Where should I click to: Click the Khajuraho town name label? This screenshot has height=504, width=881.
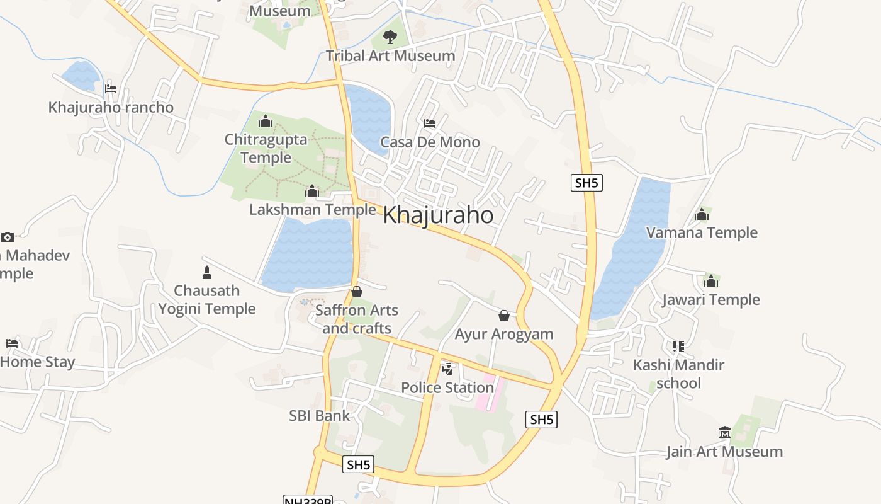tap(438, 215)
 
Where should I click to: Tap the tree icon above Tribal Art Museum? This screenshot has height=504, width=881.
tap(390, 37)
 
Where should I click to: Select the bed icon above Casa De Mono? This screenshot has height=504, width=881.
tap(430, 123)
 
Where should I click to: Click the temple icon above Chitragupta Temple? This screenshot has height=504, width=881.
tap(266, 120)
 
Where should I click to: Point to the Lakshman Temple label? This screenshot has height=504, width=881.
tap(312, 209)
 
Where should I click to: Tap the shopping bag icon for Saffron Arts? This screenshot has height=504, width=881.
tap(357, 292)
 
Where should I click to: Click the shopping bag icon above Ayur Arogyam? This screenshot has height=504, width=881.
tap(503, 316)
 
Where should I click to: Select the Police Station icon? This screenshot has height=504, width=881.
tap(447, 369)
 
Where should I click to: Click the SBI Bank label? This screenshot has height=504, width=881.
tap(319, 416)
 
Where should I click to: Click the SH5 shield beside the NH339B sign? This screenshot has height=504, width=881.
tap(359, 465)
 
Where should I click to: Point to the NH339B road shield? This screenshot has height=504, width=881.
tap(307, 500)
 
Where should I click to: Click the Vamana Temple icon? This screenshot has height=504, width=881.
tap(702, 215)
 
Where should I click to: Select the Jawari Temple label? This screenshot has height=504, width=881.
tap(711, 300)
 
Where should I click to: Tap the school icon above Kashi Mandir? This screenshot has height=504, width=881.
tap(678, 346)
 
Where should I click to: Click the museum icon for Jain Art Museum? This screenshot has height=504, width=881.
tap(724, 433)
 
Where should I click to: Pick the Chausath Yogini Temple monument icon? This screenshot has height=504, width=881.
tap(206, 273)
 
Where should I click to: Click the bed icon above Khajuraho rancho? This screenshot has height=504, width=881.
tap(111, 89)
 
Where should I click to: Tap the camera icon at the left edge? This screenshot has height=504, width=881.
tap(8, 237)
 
